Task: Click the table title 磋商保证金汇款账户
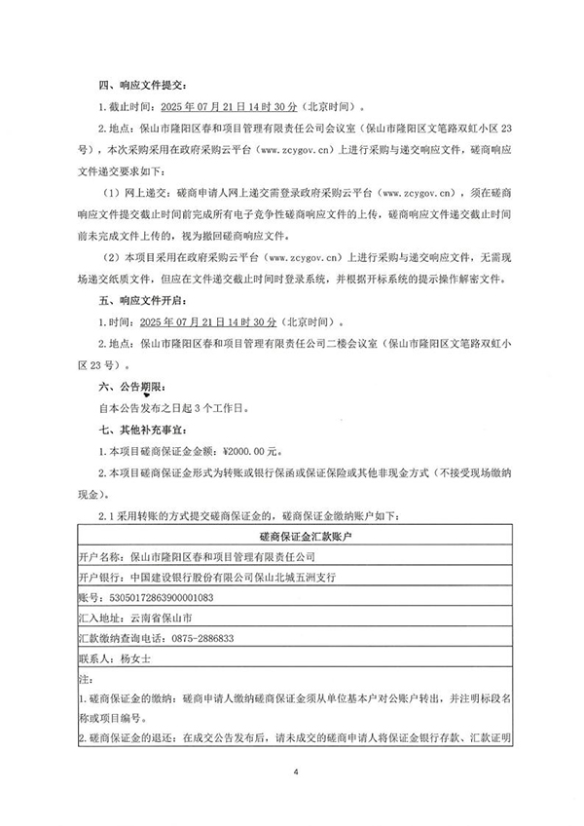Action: coord(290,536)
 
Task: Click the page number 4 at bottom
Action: coord(291,771)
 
